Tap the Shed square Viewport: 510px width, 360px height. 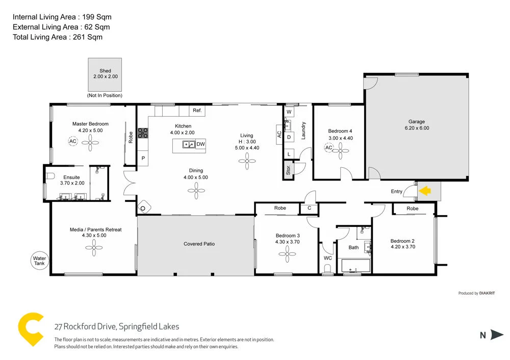tap(105, 74)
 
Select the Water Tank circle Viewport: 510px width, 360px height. tap(39, 261)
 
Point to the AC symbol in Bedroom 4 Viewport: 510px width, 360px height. tap(329, 148)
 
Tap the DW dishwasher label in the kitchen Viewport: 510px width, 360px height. tap(200, 144)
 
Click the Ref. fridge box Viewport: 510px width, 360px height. tap(197, 111)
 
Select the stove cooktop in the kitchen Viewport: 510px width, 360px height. tap(143, 133)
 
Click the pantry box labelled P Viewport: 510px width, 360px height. tap(143, 159)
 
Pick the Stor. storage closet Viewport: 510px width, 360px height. tap(288, 169)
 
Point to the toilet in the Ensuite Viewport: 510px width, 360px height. tap(50, 176)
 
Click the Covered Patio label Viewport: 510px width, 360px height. tap(199, 244)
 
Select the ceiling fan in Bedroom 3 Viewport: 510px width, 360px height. tap(288, 252)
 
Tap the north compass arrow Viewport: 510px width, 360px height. tap(497, 335)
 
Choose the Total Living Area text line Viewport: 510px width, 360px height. tap(58, 37)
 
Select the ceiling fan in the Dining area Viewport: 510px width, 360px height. tap(196, 192)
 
